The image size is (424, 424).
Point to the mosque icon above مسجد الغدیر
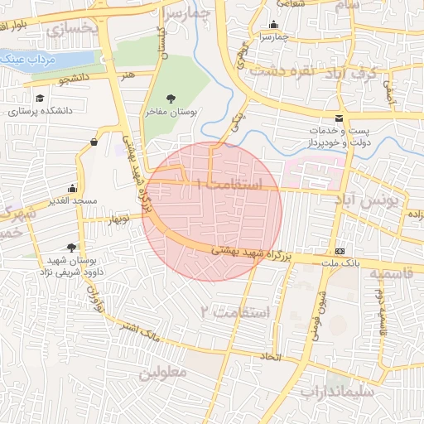(x=73, y=187)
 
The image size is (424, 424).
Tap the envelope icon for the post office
(x=339, y=118)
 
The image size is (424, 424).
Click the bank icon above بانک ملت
(x=340, y=250)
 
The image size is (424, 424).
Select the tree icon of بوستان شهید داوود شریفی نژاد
(x=71, y=248)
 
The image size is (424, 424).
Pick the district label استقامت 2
(x=236, y=311)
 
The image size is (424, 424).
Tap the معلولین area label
(x=162, y=372)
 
